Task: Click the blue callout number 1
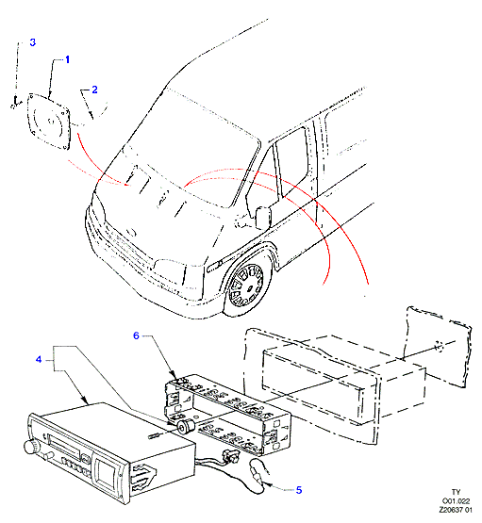67,59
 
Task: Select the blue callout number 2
95,90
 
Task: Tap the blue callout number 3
32,42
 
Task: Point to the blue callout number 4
39,360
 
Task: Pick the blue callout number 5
299,490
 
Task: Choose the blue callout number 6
136,335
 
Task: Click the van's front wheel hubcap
246,286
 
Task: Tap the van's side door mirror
263,218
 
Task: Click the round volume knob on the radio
31,447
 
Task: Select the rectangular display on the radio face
106,473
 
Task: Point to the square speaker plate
49,122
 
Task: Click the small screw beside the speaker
15,103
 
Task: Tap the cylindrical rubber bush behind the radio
186,427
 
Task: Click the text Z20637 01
456,510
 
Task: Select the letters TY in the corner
456,492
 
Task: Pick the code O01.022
456,501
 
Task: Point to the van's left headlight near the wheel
170,267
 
